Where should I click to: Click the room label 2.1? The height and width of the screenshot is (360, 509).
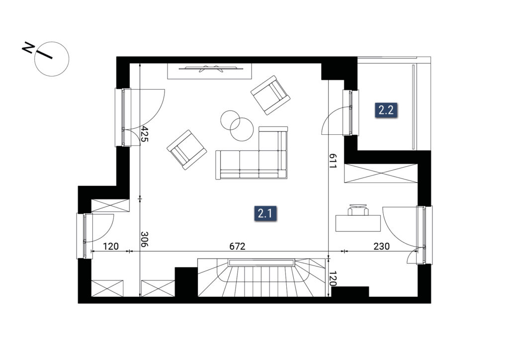coord(265,213)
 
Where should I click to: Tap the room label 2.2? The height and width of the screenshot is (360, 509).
coord(386,110)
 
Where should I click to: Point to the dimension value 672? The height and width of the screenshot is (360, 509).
coord(237,247)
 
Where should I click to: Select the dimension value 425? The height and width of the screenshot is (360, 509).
coord(145,134)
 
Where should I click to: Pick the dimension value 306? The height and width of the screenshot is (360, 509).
coord(145,239)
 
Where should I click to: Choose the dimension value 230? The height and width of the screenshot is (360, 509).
coord(381,247)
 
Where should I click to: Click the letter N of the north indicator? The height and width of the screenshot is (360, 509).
coord(28,48)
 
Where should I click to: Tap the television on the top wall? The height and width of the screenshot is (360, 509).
coord(211,69)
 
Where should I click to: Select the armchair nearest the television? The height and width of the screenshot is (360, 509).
coord(270,95)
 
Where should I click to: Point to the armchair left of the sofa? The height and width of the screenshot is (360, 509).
coord(187,150)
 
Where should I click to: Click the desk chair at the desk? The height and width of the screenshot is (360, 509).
coord(358,210)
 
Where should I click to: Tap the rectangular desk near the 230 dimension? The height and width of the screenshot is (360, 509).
coord(358,223)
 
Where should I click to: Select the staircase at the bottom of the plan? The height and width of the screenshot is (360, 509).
coord(261,277)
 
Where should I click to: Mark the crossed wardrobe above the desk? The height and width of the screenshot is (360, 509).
coord(381,174)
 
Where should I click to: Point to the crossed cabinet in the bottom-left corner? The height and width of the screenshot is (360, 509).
coord(107,288)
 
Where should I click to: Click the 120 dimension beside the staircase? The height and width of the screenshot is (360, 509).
coord(332,278)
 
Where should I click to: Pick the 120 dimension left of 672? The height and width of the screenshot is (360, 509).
coord(111,247)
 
